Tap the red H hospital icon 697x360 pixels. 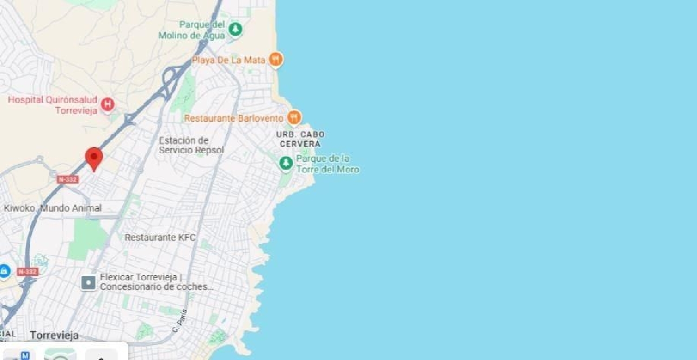[107, 104]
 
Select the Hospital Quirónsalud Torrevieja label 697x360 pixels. [53, 105]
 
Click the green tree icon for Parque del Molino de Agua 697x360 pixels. [236, 29]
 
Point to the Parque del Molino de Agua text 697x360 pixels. [192, 30]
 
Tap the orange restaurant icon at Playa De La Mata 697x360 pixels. [276, 59]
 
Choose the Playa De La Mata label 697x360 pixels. [229, 60]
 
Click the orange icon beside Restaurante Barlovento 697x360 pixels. [294, 118]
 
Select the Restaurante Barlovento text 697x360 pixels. [234, 118]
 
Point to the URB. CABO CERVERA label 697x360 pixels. [301, 139]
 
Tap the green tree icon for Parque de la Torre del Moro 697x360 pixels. [286, 163]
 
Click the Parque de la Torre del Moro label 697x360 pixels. [328, 164]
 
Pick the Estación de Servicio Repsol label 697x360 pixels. [191, 145]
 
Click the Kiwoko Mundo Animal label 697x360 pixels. [53, 208]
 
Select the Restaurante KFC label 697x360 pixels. [160, 237]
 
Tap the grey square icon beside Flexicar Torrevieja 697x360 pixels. [88, 282]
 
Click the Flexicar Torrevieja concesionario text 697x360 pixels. [156, 282]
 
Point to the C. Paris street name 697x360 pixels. [179, 321]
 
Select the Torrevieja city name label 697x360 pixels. [54, 335]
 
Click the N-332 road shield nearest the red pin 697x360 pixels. [68, 179]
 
